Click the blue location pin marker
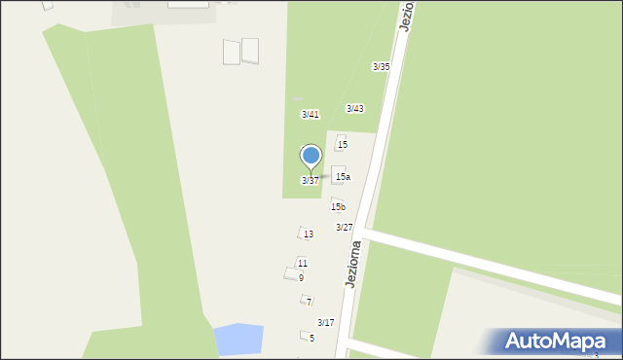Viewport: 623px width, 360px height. pyautogui.click(x=311, y=157)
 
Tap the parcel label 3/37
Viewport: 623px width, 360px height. pyautogui.click(x=310, y=181)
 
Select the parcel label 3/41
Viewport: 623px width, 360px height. pyautogui.click(x=310, y=115)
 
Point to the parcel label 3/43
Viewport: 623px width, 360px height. pyautogui.click(x=354, y=109)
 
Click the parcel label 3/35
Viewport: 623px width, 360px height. pyautogui.click(x=381, y=67)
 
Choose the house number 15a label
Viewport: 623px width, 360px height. pyautogui.click(x=343, y=177)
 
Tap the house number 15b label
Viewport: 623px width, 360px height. pyautogui.click(x=338, y=207)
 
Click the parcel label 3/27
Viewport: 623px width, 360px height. pyautogui.click(x=344, y=228)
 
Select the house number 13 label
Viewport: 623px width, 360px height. pyautogui.click(x=309, y=234)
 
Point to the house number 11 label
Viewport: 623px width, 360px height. pyautogui.click(x=303, y=264)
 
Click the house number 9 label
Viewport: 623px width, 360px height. pyautogui.click(x=301, y=278)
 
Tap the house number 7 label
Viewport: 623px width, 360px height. pyautogui.click(x=309, y=303)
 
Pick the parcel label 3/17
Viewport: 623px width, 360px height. pyautogui.click(x=325, y=323)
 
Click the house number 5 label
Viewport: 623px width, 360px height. pyautogui.click(x=311, y=339)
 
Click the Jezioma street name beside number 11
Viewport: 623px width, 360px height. pyautogui.click(x=353, y=264)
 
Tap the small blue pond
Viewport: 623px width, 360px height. pyautogui.click(x=238, y=340)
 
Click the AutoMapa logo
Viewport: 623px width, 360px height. pyautogui.click(x=556, y=342)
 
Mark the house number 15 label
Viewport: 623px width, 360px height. pyautogui.click(x=342, y=145)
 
